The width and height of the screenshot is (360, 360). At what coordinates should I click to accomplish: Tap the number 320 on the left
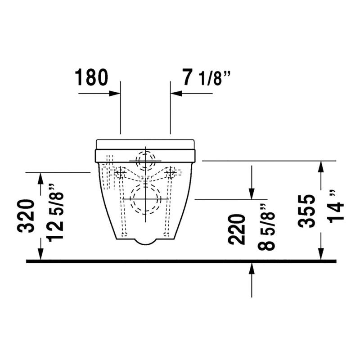click(27, 216)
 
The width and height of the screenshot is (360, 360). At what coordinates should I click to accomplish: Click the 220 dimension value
click(237, 229)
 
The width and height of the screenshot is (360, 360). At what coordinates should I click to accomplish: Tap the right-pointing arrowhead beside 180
click(115, 94)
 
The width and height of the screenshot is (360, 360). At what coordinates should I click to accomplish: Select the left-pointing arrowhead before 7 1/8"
click(175, 94)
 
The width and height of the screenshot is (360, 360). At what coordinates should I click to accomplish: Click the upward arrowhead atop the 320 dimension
click(41, 178)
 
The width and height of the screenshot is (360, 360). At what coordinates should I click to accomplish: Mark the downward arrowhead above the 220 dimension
click(252, 193)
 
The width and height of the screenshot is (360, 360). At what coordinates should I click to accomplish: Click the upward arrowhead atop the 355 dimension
click(320, 166)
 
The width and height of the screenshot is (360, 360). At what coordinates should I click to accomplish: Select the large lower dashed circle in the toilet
click(145, 198)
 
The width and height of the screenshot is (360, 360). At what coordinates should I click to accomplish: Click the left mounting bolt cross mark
click(120, 172)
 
